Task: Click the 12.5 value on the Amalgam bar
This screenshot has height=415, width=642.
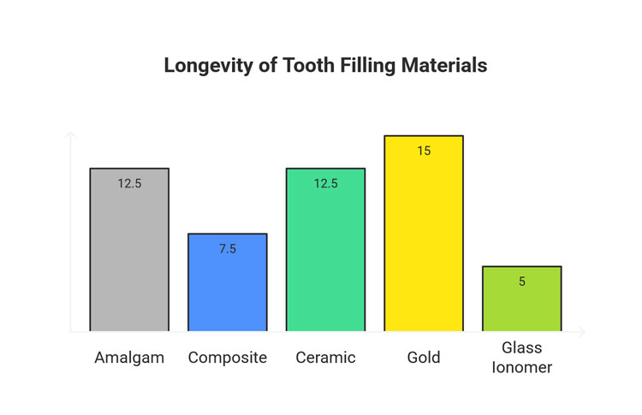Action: click(x=130, y=183)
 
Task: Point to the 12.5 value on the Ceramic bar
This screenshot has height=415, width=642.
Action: click(x=325, y=183)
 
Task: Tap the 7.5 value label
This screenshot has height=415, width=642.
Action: click(x=228, y=249)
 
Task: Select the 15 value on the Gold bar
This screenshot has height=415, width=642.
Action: click(x=424, y=151)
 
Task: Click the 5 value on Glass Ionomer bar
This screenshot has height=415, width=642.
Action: click(x=522, y=282)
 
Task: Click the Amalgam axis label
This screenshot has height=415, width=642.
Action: click(x=129, y=358)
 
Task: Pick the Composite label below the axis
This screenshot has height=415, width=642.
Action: click(x=228, y=358)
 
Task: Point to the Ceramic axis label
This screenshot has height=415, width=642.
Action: click(x=325, y=358)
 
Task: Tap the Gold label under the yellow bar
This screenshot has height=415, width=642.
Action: click(x=424, y=358)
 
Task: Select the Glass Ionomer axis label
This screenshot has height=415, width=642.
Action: click(x=522, y=358)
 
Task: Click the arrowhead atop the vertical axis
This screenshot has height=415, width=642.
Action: click(x=70, y=134)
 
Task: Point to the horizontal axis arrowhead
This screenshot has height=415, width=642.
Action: click(x=582, y=331)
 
